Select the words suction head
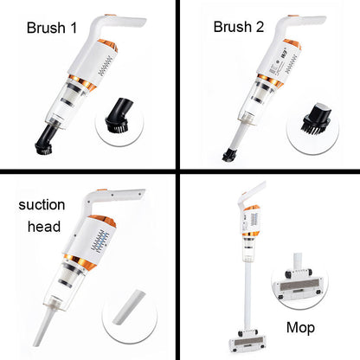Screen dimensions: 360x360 click(42, 218)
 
